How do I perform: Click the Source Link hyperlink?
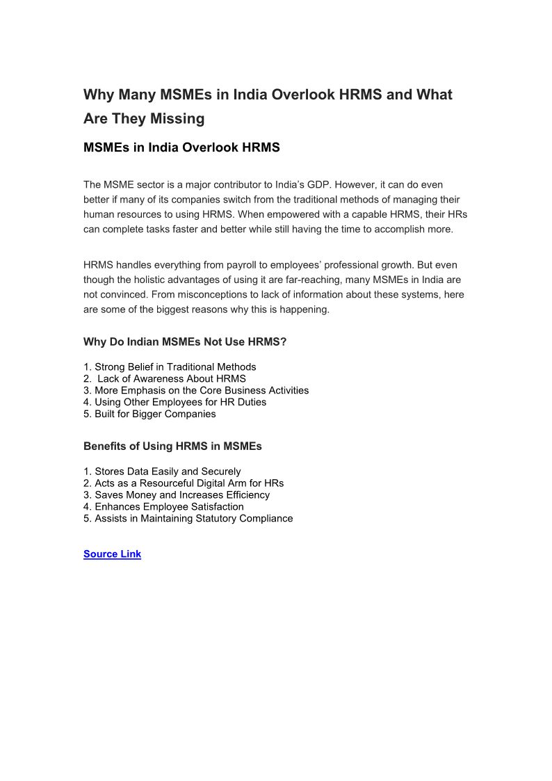point(112,554)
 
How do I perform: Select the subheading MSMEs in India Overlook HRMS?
point(181,147)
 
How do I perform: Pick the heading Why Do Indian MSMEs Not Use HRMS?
point(185,342)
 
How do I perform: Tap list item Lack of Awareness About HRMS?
point(171,379)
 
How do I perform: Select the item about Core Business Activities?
point(196,391)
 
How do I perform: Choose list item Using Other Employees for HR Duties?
point(174,402)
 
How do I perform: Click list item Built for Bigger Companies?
point(149,414)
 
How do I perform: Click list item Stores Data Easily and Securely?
point(162,472)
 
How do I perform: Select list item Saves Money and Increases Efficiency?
point(177,495)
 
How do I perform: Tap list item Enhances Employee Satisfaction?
point(163,507)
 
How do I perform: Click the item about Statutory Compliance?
point(188,519)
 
